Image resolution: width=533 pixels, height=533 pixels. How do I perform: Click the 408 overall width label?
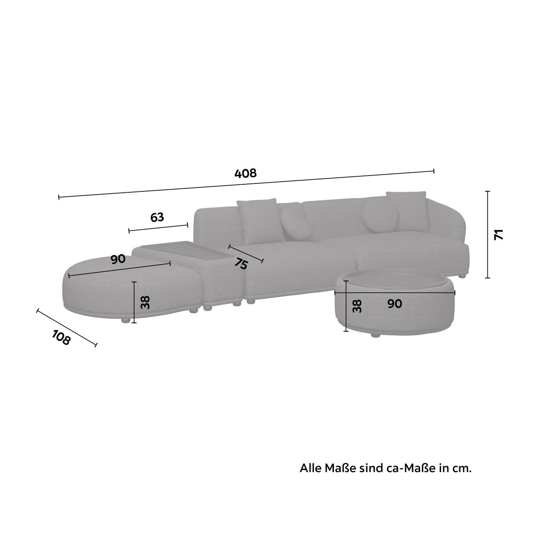(245, 173)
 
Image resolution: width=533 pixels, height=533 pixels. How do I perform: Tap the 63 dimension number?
(157, 217)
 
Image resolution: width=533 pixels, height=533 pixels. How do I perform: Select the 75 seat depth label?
(241, 263)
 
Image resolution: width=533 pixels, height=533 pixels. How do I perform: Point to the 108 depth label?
(61, 338)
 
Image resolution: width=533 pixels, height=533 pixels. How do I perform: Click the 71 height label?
(499, 234)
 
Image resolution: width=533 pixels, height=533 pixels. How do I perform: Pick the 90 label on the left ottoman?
(118, 259)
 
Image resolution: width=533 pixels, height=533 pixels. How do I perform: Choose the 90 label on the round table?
(394, 304)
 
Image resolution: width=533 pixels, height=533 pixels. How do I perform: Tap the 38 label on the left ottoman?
(145, 302)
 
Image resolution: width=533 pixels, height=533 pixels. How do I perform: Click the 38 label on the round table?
(357, 306)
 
